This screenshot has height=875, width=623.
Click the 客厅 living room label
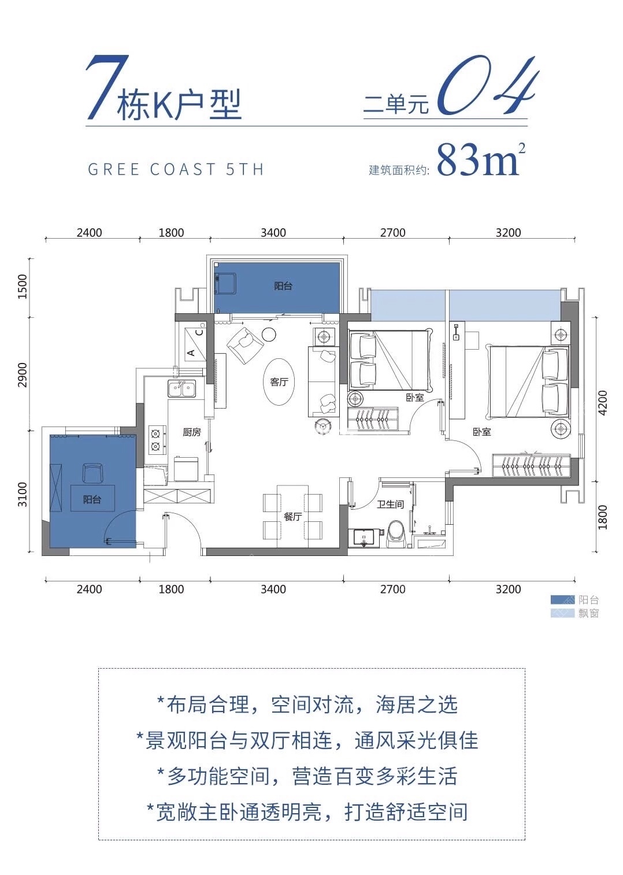click(x=279, y=381)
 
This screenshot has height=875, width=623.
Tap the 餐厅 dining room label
click(x=292, y=516)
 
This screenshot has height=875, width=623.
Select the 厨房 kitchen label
click(x=191, y=432)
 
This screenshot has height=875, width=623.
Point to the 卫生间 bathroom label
click(x=390, y=504)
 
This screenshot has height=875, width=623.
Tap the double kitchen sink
click(x=181, y=388)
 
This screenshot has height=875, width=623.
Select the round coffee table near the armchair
click(x=269, y=334)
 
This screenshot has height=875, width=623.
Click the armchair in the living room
click(x=244, y=345)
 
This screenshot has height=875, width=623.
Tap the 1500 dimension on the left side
click(x=23, y=286)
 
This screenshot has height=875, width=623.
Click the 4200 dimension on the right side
click(x=603, y=403)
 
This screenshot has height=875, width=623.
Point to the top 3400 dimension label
click(x=273, y=232)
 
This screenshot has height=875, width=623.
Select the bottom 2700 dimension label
click(x=392, y=589)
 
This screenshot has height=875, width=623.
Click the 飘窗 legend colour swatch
click(x=562, y=613)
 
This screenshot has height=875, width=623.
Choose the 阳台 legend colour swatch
click(x=562, y=600)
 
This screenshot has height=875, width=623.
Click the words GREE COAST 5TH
click(x=176, y=169)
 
